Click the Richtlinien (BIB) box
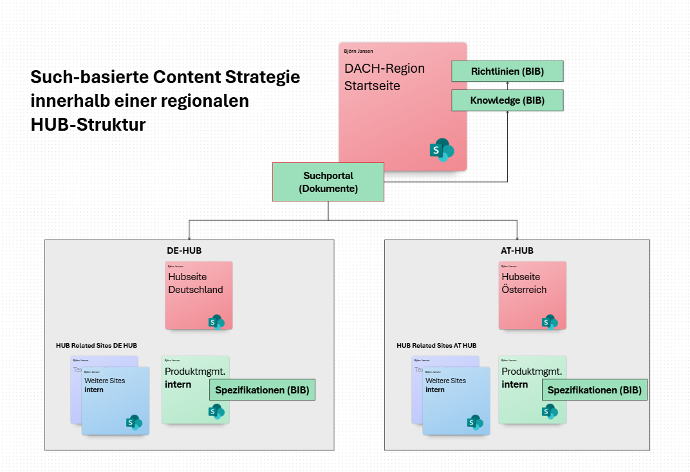click(x=507, y=71)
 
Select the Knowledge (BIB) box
click(x=507, y=100)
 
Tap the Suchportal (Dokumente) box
click(x=328, y=182)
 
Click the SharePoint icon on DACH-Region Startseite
click(x=442, y=150)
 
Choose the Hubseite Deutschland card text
click(x=195, y=283)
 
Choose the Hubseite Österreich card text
click(x=524, y=283)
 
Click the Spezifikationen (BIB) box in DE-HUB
click(x=262, y=390)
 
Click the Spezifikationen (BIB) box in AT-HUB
click(x=594, y=390)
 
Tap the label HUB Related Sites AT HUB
click(x=436, y=346)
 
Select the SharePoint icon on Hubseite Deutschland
click(x=216, y=321)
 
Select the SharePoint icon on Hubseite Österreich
click(x=550, y=321)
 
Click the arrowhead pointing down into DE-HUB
click(x=189, y=238)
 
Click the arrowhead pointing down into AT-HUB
click(x=517, y=238)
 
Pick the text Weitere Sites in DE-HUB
click(x=105, y=381)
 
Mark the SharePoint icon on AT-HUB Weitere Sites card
click(x=475, y=422)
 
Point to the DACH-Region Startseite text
click(x=384, y=77)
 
